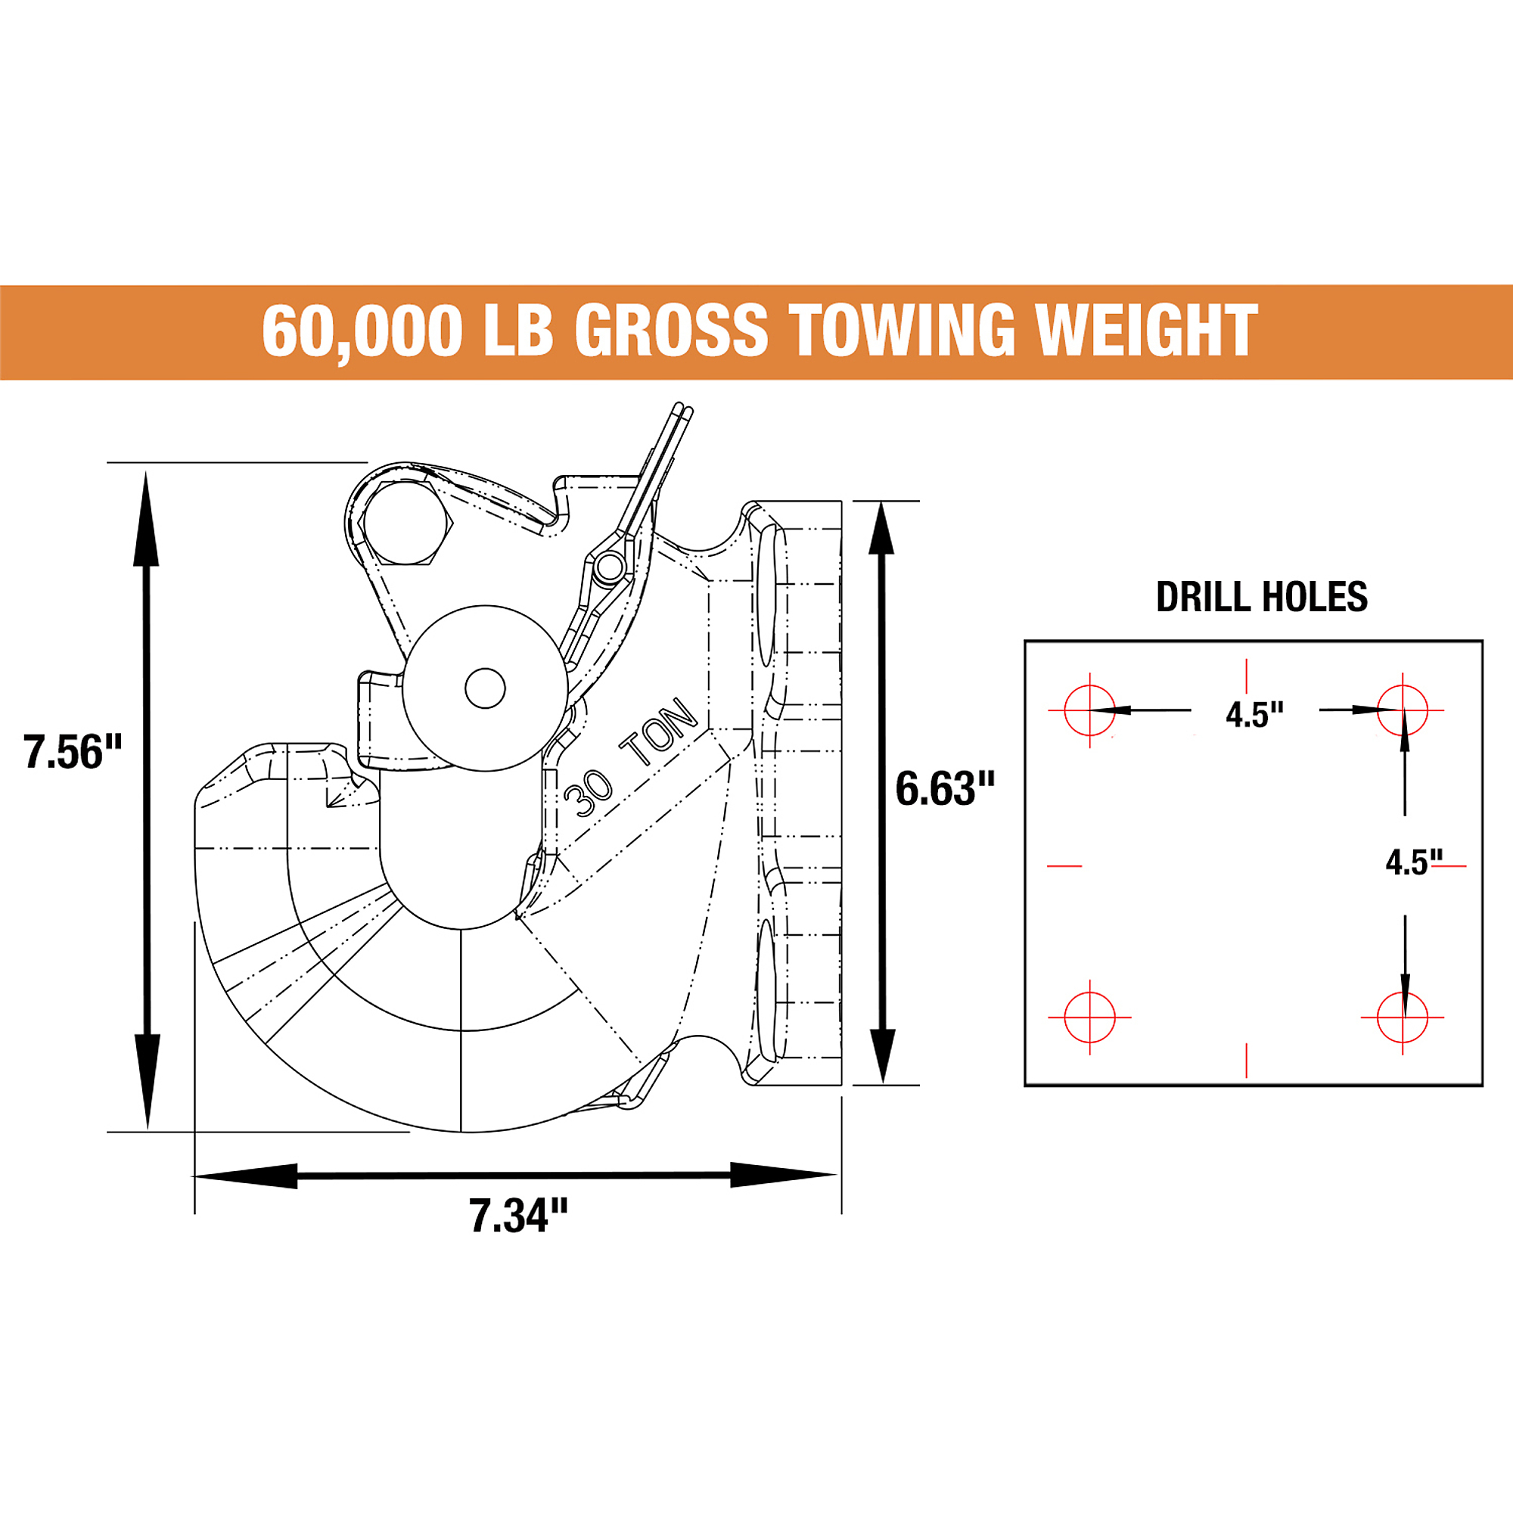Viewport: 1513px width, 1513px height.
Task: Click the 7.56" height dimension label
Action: click(73, 752)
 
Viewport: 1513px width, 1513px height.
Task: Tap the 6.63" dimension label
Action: click(945, 788)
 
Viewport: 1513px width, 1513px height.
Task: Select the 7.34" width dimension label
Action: click(518, 1216)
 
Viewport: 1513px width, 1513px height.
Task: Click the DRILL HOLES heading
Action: click(1262, 598)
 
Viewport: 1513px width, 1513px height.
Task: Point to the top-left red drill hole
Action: click(1089, 710)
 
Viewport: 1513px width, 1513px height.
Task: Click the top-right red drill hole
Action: click(1402, 710)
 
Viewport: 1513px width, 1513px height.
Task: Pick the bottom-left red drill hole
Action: click(1089, 1017)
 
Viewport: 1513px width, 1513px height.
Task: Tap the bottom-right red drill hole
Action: click(1402, 1017)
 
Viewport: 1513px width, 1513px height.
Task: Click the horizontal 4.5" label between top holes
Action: click(1254, 715)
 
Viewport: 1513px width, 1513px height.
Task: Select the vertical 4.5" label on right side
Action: click(1414, 863)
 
